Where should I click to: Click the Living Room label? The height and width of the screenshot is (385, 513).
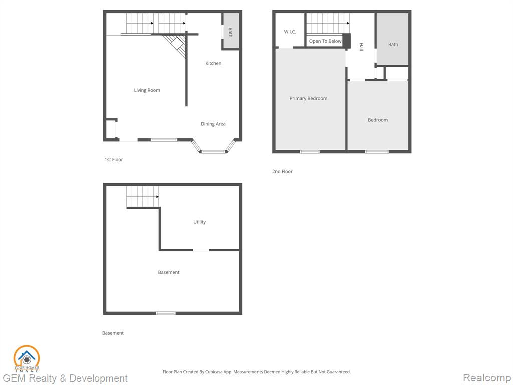147,90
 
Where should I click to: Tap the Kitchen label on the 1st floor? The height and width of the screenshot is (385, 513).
213,63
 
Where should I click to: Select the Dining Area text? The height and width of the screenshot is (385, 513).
213,124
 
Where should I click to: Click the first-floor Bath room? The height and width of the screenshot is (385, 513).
231,31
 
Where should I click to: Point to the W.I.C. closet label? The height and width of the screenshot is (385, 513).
290,32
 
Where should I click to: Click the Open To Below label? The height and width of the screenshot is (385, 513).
325,41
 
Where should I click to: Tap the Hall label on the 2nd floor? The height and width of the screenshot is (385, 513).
361,47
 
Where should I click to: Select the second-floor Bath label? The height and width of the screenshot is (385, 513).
393,44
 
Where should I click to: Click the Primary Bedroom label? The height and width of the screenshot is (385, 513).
308,98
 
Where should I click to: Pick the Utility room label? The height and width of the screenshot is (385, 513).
199,222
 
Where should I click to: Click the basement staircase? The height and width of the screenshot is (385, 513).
143,197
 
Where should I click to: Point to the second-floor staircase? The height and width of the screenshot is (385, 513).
328,23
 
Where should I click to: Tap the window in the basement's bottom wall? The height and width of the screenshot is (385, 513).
166,313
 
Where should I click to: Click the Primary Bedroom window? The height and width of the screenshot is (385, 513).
310,151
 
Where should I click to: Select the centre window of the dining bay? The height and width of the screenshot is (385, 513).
213,151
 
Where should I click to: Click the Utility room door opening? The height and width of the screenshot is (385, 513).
201,250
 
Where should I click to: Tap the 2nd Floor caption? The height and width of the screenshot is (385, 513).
282,171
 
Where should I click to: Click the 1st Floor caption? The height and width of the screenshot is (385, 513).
114,160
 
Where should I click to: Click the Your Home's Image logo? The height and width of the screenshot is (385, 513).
27,359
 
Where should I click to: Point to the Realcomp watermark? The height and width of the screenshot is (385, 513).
487,378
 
